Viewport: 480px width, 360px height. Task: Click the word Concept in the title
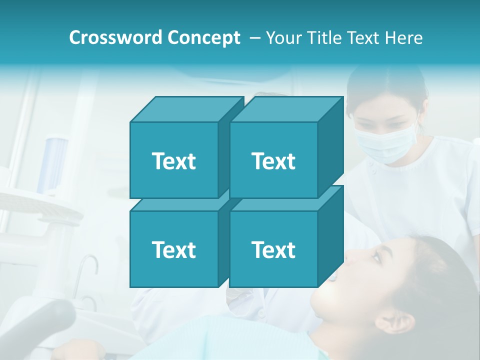(x=203, y=37)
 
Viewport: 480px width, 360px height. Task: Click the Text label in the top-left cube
(x=173, y=161)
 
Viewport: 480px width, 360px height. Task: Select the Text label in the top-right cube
(x=273, y=161)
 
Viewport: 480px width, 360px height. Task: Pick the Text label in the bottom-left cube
(x=173, y=249)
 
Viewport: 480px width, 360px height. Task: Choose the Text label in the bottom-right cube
(x=273, y=249)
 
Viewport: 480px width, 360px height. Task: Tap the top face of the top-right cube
(x=286, y=109)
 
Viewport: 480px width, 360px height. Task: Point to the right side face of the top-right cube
(x=331, y=147)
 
